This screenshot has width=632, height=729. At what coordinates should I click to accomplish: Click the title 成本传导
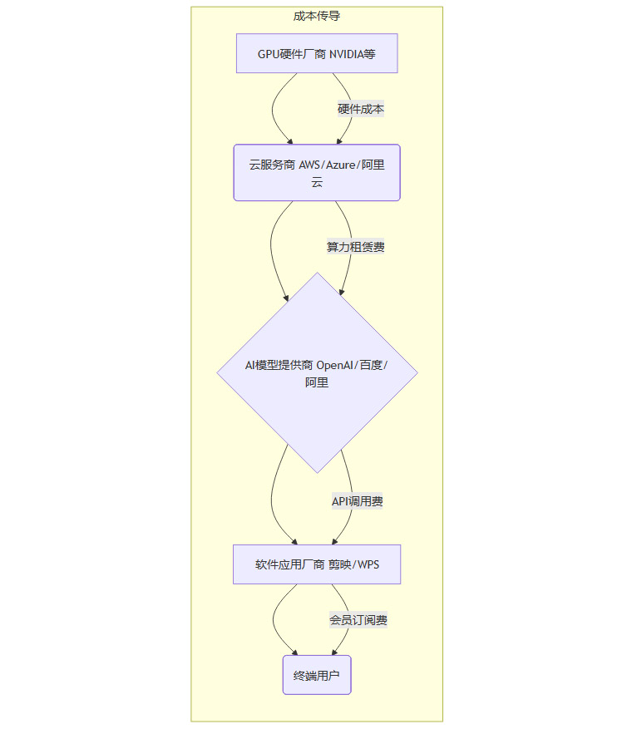(x=317, y=16)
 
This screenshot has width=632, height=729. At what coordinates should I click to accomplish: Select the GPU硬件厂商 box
(x=317, y=54)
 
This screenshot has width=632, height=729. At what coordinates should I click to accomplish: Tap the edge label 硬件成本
(x=361, y=109)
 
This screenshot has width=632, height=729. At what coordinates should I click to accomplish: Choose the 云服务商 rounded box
(x=317, y=173)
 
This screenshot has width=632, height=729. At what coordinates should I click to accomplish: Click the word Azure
(x=343, y=165)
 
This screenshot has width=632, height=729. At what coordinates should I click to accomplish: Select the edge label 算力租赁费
(x=355, y=247)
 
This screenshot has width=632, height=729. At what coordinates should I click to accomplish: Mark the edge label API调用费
(x=358, y=501)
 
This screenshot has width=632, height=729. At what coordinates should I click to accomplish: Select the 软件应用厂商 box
(x=317, y=565)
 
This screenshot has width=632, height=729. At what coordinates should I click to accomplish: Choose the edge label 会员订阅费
(x=358, y=620)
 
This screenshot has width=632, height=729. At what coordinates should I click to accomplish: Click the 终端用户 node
(x=317, y=676)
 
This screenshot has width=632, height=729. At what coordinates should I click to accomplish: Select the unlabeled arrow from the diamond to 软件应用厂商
(x=273, y=499)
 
